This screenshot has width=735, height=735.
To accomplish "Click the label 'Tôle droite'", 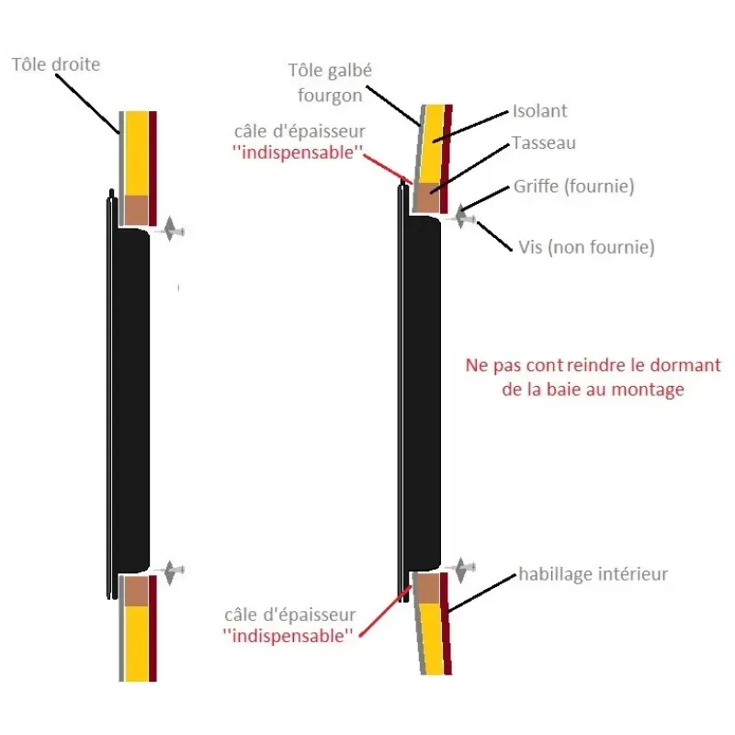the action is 56,64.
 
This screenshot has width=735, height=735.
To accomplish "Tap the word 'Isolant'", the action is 540,111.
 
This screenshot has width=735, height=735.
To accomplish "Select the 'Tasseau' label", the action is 544,143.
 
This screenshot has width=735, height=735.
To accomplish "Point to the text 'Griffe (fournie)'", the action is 573,187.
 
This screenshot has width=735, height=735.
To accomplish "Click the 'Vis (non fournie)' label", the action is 586,247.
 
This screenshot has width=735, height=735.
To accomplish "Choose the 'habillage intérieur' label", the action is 593,574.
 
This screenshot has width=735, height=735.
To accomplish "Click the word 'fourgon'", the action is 330,96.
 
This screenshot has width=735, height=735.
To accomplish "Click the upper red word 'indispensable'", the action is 298,153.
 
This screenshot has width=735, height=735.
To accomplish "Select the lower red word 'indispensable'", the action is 288,636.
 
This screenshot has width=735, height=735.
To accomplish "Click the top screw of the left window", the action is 172,230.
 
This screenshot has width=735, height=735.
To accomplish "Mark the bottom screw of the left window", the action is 172,571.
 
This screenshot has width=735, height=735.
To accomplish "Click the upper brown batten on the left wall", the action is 136,210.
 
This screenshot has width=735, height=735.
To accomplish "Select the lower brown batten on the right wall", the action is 427,588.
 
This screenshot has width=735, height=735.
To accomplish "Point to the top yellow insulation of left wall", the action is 136,153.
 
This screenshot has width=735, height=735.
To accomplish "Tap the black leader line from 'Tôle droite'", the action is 87,104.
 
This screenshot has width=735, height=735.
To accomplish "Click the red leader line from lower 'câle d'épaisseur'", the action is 385,611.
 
